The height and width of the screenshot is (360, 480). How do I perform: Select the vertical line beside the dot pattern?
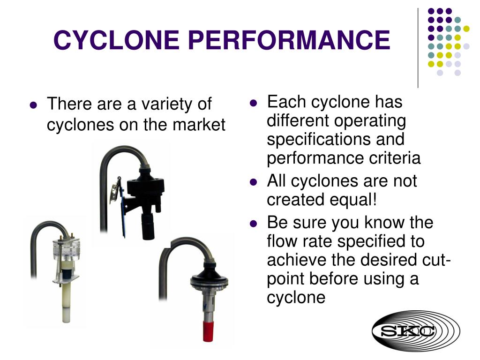418,47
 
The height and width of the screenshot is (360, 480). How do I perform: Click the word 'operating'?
371,121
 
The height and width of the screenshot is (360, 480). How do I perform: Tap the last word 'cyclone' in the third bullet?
296,298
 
